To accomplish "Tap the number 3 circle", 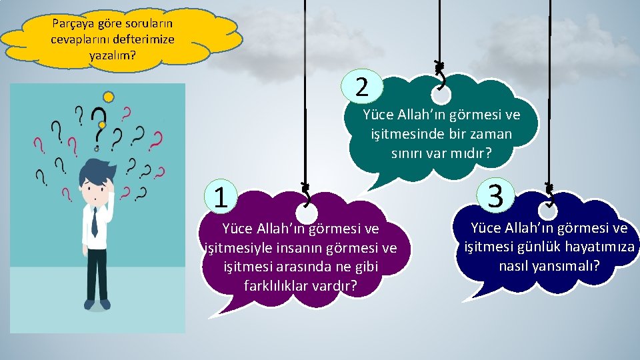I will (x=495, y=195).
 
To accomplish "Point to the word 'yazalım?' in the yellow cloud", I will (x=112, y=55).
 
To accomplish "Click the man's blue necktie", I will (x=94, y=223).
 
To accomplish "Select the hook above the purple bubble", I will (x=306, y=197).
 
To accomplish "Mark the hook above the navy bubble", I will (x=550, y=194).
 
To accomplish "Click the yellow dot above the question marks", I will (x=108, y=97).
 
